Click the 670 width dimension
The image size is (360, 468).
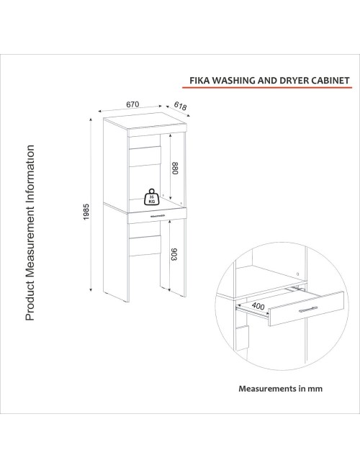pyautogui.click(x=132, y=104)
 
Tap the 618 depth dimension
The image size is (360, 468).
pyautogui.click(x=180, y=106)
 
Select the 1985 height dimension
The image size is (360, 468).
pyautogui.click(x=86, y=212)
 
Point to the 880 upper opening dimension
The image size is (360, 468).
pyautogui.click(x=175, y=168)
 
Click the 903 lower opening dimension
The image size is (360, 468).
pyautogui.click(x=174, y=254)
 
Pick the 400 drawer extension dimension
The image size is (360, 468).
pyautogui.click(x=258, y=306)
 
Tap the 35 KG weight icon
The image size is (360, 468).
pyautogui.click(x=152, y=197)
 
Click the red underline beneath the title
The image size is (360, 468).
pyautogui.click(x=267, y=87)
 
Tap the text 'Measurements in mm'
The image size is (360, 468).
pyautogui.click(x=280, y=389)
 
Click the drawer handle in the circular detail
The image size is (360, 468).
pyautogui.click(x=307, y=310)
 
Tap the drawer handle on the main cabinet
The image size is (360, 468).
pyautogui.click(x=158, y=215)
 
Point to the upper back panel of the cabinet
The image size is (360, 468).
pyautogui.click(x=145, y=156)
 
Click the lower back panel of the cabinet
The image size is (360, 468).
pyautogui.click(x=145, y=246)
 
